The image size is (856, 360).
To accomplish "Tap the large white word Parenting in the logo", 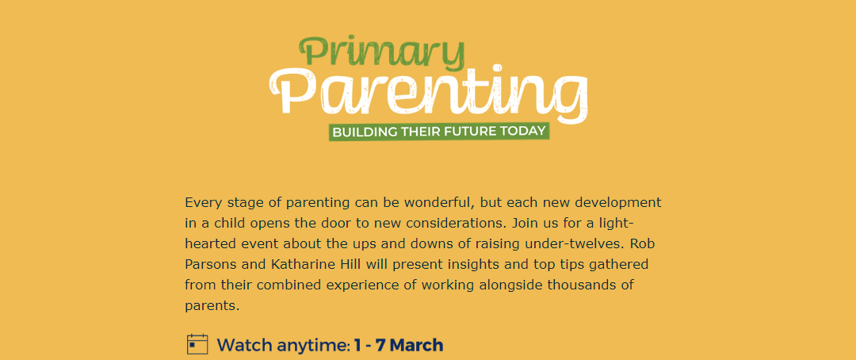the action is point(429,93).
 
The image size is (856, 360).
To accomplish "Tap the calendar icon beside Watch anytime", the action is point(197,344).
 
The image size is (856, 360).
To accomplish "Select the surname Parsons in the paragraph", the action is point(210,265).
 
